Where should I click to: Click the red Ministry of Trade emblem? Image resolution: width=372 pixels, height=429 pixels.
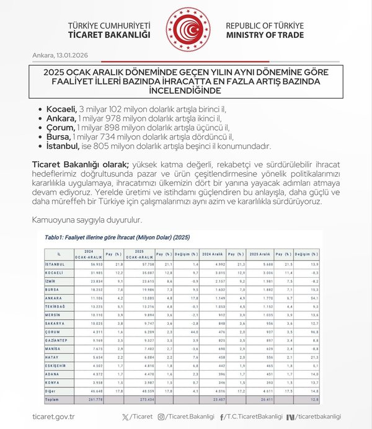click(x=188, y=29)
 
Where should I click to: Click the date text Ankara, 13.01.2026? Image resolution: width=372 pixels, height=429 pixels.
click(x=60, y=56)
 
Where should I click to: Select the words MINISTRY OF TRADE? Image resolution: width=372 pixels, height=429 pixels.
click(x=265, y=35)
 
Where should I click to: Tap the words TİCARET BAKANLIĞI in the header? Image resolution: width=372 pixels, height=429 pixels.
click(x=109, y=35)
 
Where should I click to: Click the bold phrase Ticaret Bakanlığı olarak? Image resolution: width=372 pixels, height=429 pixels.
click(x=80, y=164)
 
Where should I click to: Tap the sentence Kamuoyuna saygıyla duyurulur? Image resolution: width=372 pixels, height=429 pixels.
click(x=87, y=219)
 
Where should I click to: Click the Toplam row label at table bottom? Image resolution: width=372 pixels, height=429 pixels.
click(x=55, y=399)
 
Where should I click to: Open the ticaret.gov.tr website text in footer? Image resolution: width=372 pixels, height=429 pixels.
click(x=53, y=417)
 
